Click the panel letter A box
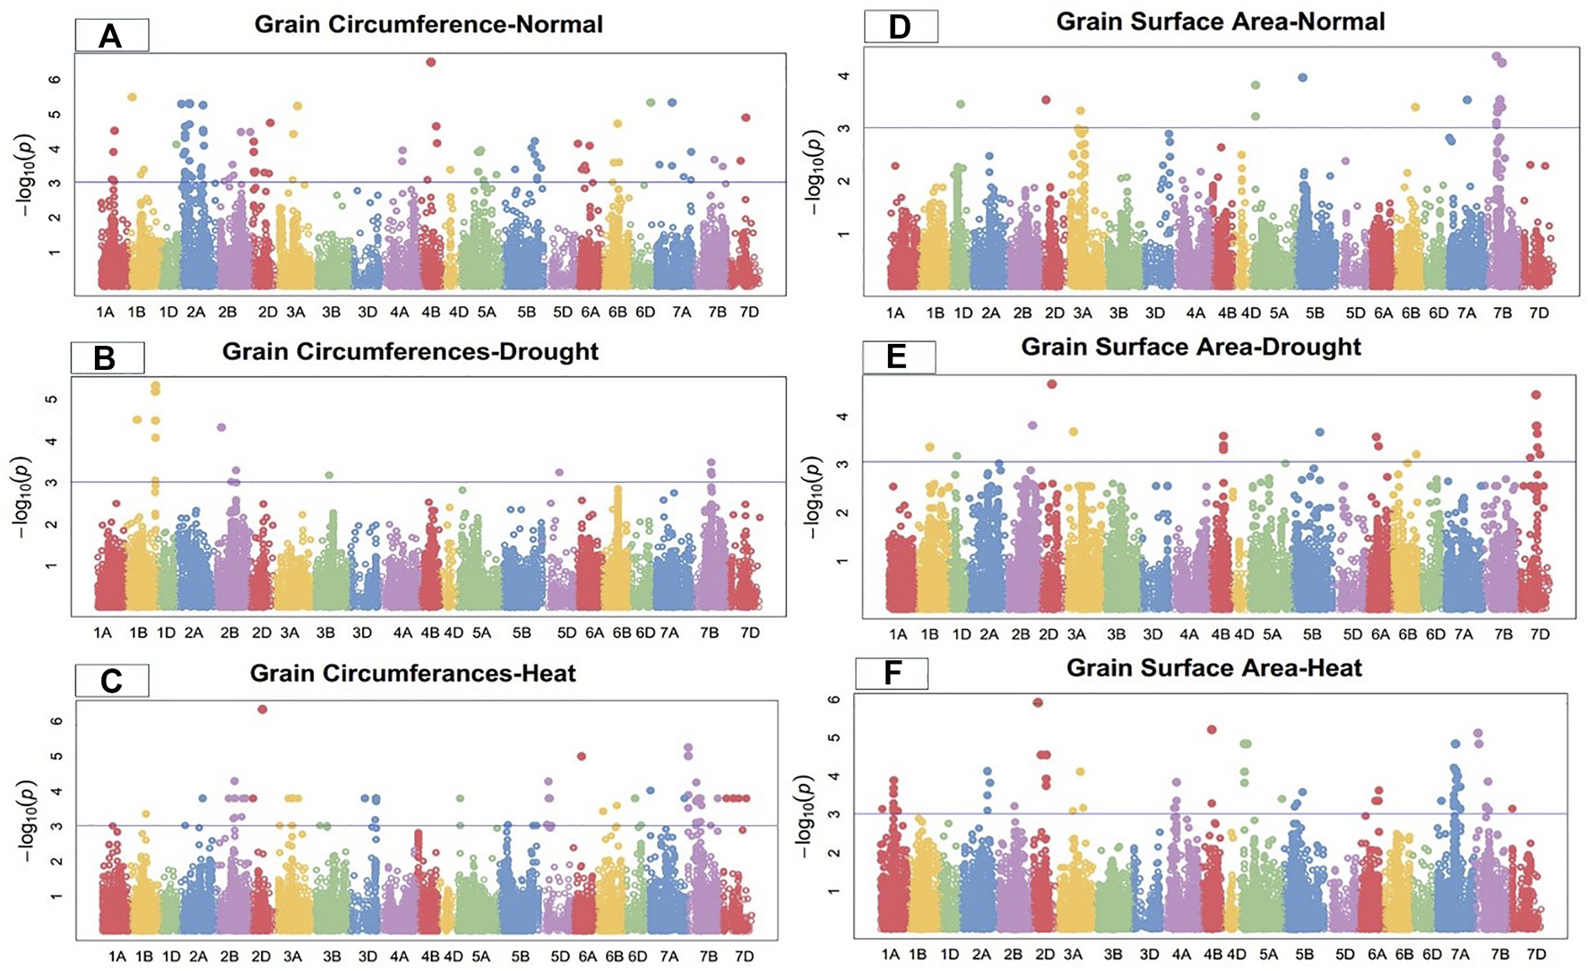coord(111,37)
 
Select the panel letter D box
coord(900,27)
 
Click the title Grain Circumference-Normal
coord(428,24)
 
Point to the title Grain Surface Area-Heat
coord(1213,668)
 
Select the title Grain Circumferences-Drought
coord(410,351)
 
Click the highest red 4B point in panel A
coord(431,62)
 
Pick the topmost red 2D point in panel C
coord(263,709)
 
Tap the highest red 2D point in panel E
coord(1052,384)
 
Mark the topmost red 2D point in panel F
coord(1038,703)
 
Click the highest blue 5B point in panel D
coord(1303,78)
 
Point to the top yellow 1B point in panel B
coord(155,386)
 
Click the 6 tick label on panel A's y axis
coord(56,79)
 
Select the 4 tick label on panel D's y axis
coord(842,75)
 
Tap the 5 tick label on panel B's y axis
coord(52,399)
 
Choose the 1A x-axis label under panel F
coord(890,955)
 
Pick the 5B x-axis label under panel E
coord(1312,634)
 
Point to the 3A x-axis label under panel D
coord(1083,313)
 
